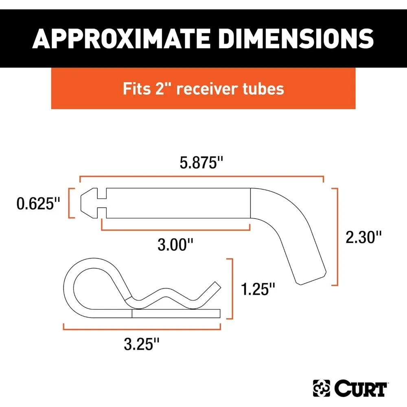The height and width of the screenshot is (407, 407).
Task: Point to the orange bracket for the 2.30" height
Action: [336, 236]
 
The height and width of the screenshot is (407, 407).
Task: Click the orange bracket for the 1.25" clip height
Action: [230, 288]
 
